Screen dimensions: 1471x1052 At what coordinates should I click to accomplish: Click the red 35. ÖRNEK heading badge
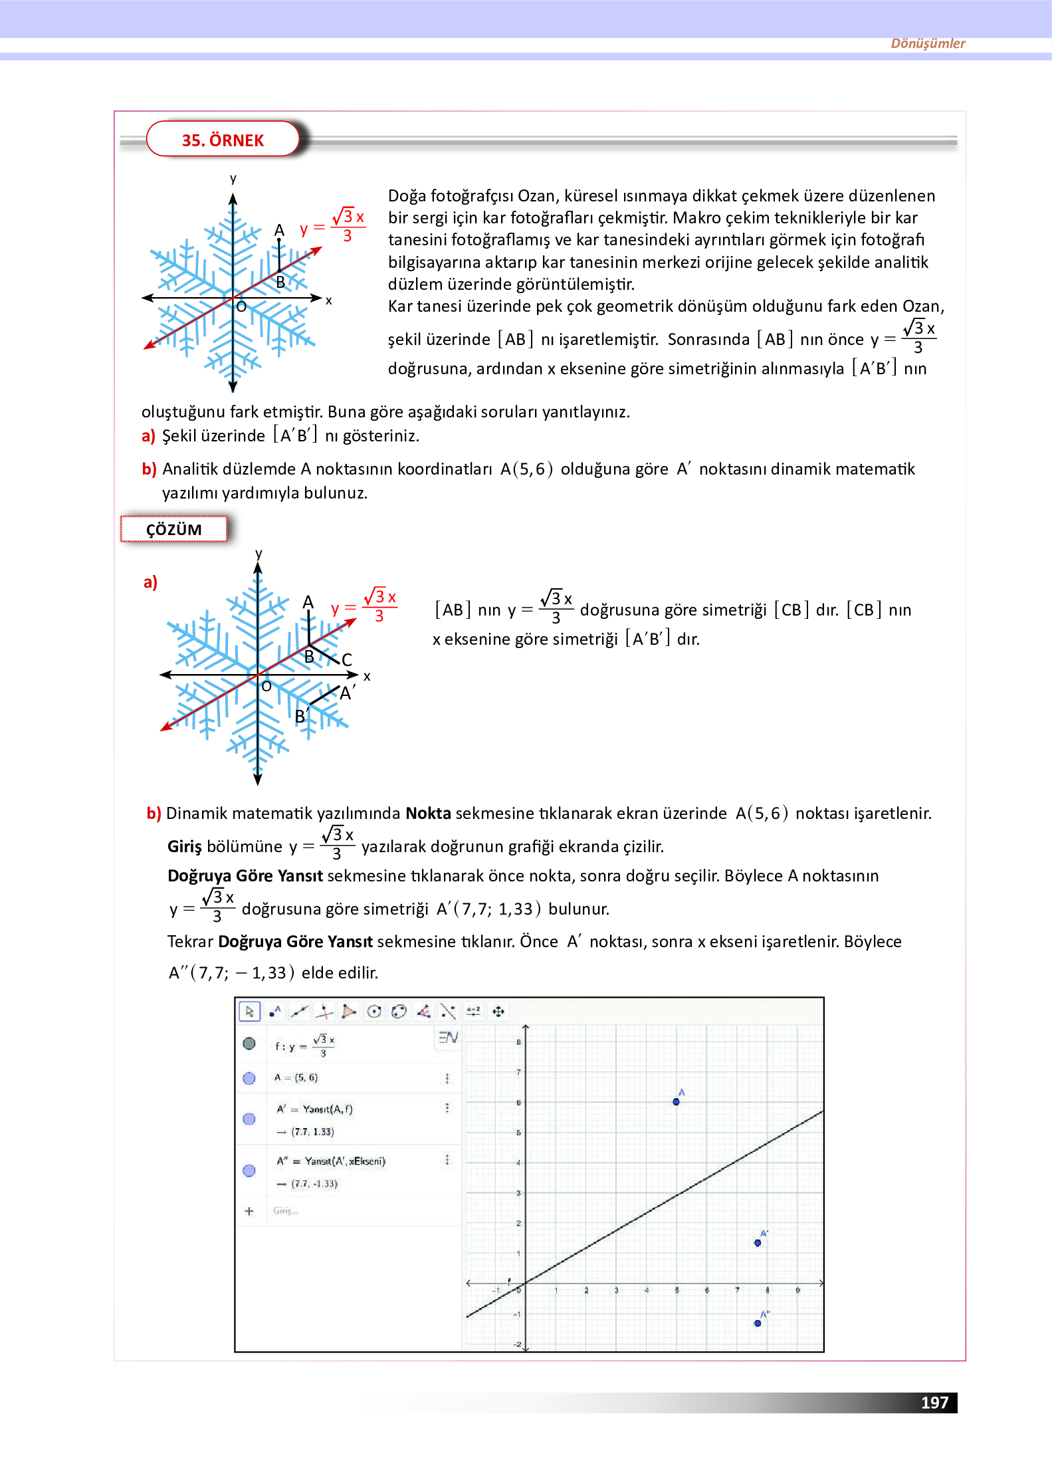[x=223, y=140]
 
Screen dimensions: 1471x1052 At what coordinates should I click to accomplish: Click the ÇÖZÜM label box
[x=173, y=529]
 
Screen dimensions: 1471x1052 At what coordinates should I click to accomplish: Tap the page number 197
[x=934, y=1402]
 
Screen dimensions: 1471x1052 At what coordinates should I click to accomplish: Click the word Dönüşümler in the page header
[x=927, y=43]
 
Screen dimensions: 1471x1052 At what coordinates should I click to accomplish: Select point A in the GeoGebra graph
[x=676, y=1101]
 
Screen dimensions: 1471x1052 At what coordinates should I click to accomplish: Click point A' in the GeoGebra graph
[x=758, y=1242]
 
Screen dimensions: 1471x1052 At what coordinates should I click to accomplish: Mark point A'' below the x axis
[x=758, y=1323]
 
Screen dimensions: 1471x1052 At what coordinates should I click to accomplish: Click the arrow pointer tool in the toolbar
[x=249, y=1011]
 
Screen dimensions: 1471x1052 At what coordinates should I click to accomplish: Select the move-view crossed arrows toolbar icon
[x=498, y=1011]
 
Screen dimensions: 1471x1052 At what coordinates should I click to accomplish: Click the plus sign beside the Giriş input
[x=249, y=1210]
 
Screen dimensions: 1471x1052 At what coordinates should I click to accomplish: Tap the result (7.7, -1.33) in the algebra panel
[x=315, y=1183]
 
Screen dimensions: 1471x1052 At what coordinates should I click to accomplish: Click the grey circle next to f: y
[x=249, y=1043]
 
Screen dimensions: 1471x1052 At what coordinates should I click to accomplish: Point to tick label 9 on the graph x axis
[x=797, y=1290]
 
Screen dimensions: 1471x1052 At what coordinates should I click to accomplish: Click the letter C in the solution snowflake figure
[x=346, y=659]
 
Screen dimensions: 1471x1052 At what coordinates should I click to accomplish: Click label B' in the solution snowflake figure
[x=301, y=716]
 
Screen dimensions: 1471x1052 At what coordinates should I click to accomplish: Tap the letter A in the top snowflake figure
[x=279, y=230]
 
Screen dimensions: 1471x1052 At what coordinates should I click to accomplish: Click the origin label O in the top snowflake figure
[x=241, y=306]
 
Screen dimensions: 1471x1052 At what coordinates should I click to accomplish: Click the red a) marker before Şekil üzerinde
[x=148, y=436]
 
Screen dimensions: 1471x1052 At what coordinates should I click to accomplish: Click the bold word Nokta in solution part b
[x=428, y=813]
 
